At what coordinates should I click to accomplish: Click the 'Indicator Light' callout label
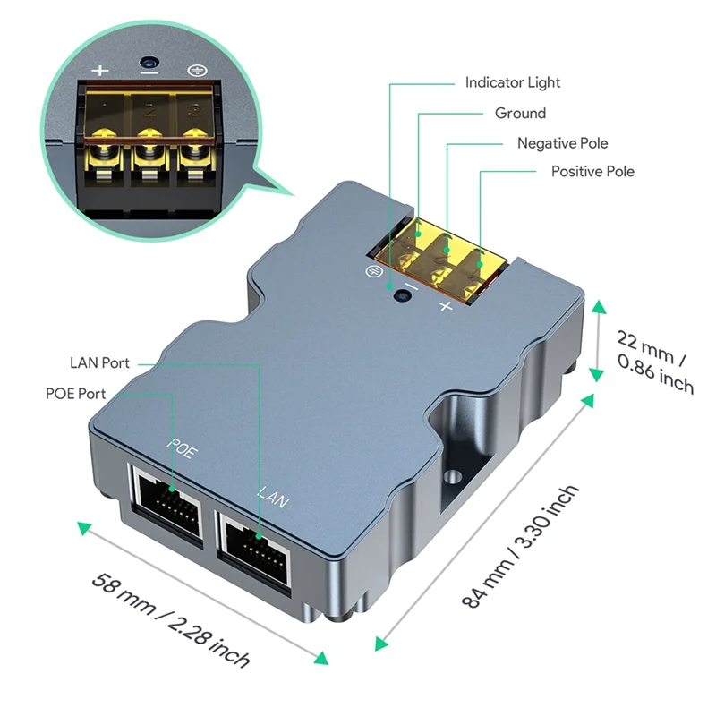pos(512,82)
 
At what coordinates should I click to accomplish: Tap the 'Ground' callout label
pos(520,113)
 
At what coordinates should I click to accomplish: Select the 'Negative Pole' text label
pos(562,143)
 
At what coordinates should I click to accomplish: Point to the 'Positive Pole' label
pos(592,171)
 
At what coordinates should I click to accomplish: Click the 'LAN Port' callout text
pos(99,363)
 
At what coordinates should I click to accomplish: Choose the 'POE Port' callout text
pos(76,394)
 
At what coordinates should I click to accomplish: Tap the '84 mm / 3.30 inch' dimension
pos(520,547)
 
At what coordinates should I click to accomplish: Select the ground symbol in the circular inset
pos(193,70)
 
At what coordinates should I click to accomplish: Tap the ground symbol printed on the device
pos(369,271)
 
